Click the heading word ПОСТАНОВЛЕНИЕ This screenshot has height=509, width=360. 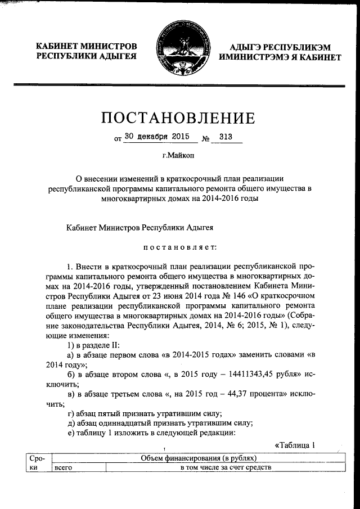click(x=178, y=118)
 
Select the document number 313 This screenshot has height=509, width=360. click(x=226, y=136)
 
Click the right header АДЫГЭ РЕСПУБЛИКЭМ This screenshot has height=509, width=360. click(x=280, y=47)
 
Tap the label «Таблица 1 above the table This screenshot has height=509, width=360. click(x=294, y=445)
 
